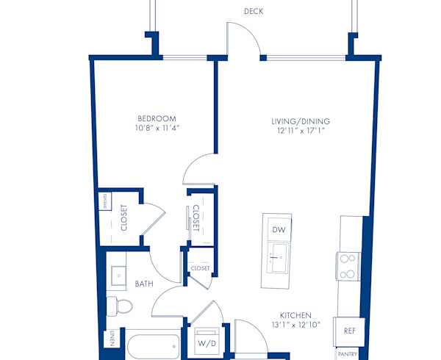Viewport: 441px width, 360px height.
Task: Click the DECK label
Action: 254,11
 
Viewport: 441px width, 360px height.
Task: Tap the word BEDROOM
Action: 157,118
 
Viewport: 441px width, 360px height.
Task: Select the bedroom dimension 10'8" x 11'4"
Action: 157,128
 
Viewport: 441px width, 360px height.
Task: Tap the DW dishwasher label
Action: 278,230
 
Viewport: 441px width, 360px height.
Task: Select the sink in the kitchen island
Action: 278,257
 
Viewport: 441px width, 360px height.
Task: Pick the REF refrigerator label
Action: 350,331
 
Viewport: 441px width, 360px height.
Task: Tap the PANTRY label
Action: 348,353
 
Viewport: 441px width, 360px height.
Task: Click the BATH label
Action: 143,283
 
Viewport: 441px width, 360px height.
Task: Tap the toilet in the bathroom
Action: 118,305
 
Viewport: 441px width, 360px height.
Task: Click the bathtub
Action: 152,347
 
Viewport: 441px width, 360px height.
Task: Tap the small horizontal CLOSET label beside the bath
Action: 200,268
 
